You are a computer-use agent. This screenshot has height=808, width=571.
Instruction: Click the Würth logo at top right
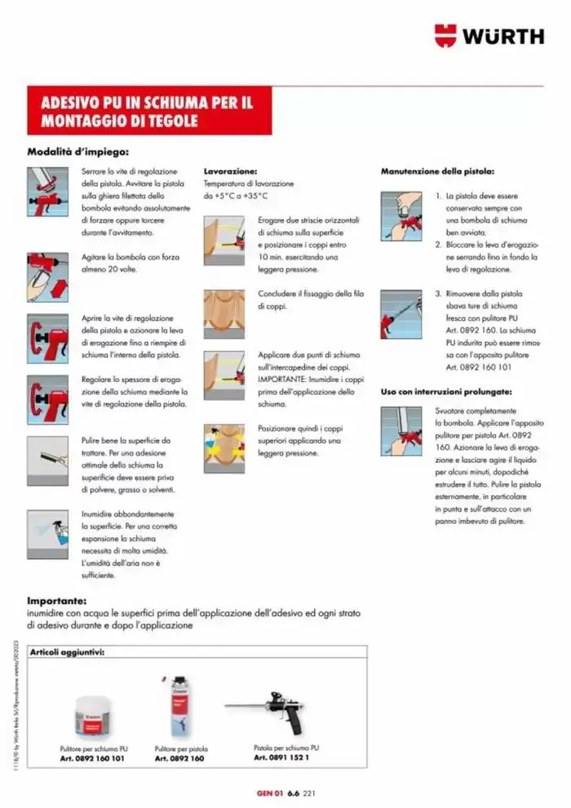[489, 36]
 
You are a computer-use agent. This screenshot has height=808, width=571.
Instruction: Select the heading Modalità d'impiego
[77, 151]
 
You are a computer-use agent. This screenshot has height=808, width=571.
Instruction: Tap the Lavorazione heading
[230, 172]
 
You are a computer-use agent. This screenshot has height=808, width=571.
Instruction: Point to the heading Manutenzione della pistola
[436, 172]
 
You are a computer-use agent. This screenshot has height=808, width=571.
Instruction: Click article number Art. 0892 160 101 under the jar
[93, 758]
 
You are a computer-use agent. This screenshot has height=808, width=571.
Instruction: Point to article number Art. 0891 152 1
[281, 757]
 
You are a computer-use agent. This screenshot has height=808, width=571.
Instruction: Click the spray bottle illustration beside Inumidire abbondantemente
[47, 529]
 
